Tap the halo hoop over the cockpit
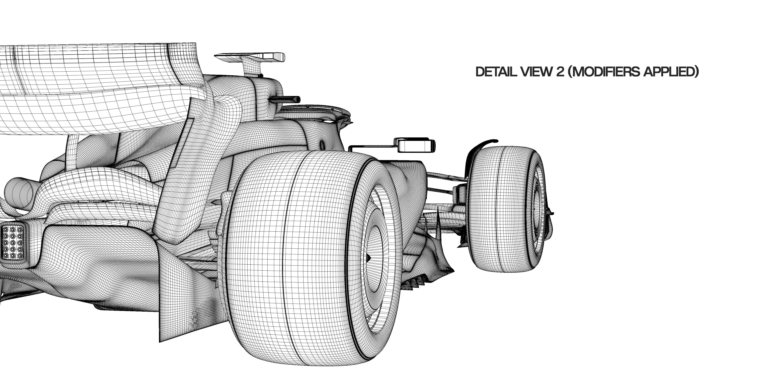click(315, 108)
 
